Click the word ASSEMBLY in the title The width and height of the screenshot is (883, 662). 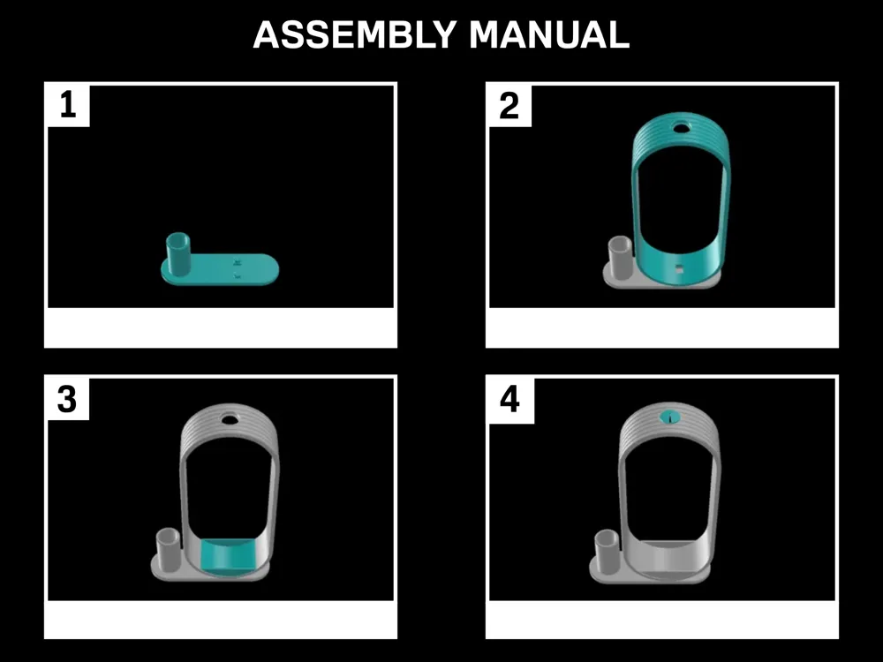coord(354,35)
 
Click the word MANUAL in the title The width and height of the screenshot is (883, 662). coord(548,35)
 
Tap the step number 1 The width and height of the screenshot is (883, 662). coord(68,105)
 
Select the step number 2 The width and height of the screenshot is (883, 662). coord(509,105)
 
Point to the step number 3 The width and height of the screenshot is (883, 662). coord(67,399)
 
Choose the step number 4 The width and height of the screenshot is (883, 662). coord(509,399)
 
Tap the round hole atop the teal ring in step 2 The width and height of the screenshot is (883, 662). coord(682,127)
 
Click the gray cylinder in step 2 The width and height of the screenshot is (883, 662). coord(619,258)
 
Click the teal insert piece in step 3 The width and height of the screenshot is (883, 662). coord(228,556)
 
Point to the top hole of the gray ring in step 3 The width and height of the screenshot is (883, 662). coord(230,419)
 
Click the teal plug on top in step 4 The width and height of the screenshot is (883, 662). coord(670,418)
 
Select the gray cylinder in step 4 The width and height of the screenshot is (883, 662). coord(607,551)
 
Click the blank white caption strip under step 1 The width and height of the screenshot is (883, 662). coord(221,327)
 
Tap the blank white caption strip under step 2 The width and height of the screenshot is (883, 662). coord(662,327)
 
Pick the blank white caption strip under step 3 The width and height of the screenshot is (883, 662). coord(221,619)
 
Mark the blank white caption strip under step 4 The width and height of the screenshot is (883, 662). coord(662,619)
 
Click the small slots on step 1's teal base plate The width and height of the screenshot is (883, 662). coord(238,268)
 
